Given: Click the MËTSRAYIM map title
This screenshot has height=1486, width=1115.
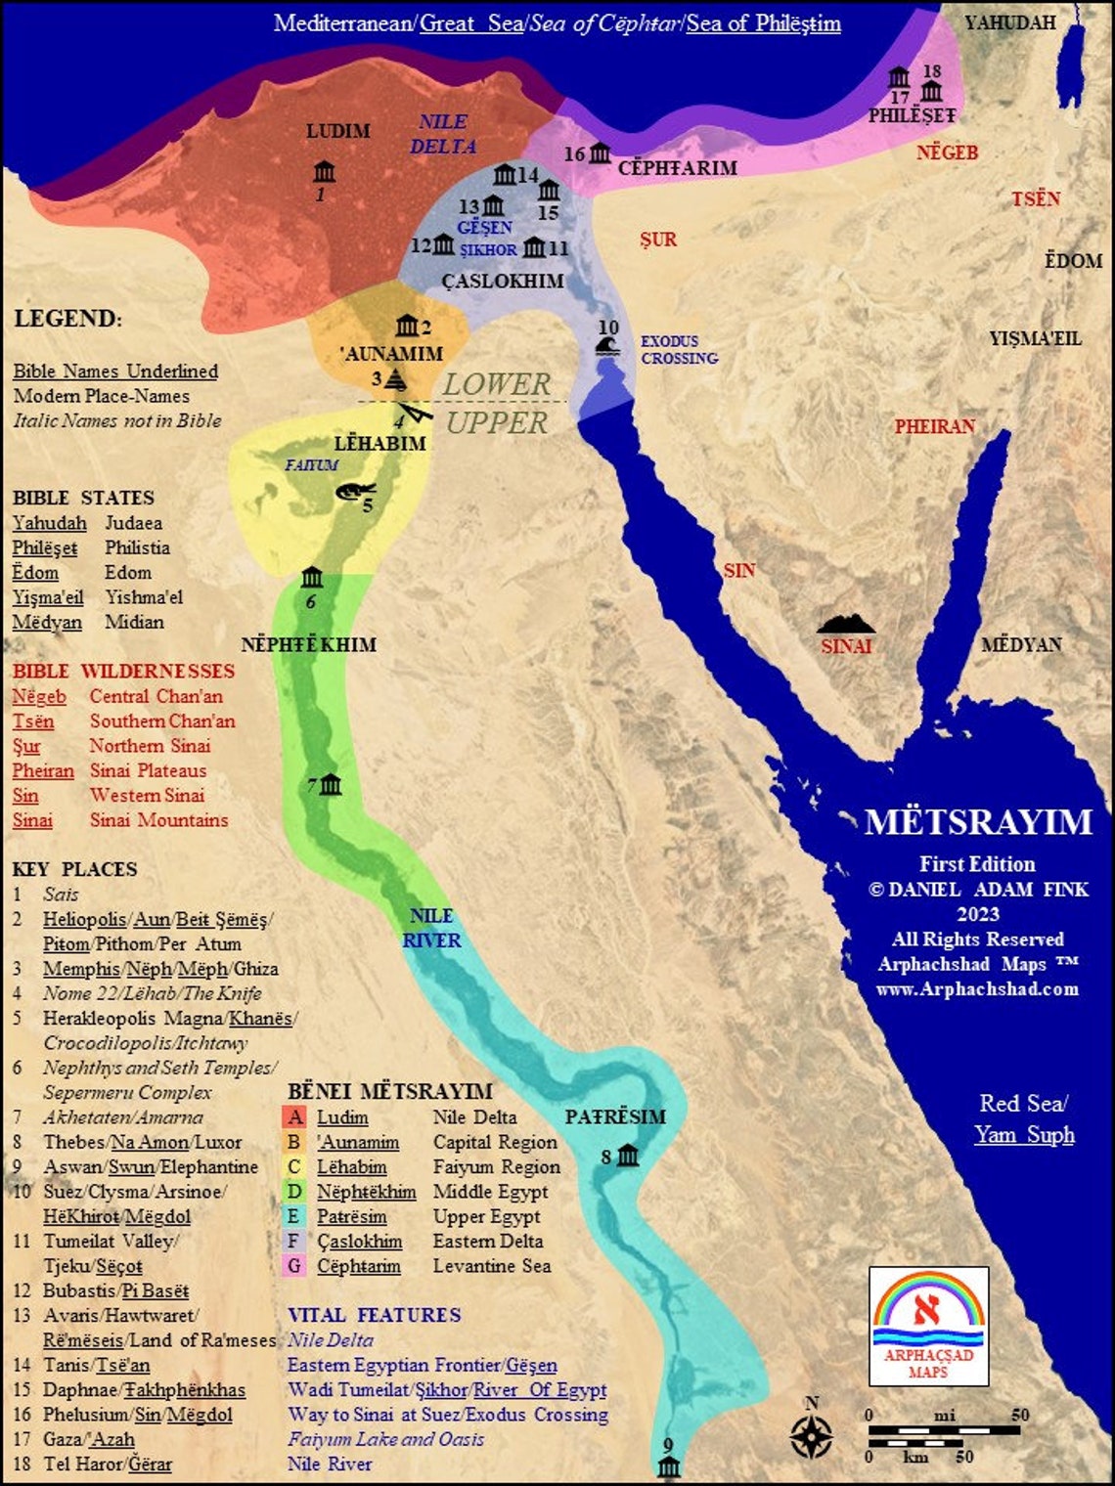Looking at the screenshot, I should [978, 822].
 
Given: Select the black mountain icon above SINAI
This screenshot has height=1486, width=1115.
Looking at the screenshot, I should [846, 624].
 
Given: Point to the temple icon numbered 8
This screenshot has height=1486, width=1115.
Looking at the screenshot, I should [627, 1156].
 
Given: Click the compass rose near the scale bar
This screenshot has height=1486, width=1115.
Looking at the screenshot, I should [811, 1435].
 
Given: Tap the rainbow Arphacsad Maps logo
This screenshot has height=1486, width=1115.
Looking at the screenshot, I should [928, 1326].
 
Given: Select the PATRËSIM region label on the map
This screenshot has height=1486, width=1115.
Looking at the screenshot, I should [615, 1116].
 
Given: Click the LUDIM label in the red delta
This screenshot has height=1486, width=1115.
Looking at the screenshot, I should [338, 131].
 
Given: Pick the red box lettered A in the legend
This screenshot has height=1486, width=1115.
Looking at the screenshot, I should [294, 1117].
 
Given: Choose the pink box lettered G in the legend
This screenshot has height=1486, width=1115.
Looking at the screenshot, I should [294, 1266].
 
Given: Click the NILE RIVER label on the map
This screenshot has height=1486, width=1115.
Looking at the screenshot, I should [431, 928].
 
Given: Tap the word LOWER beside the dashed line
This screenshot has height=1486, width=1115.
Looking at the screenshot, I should [497, 384].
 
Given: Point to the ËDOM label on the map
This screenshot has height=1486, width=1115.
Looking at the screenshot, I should [1073, 261].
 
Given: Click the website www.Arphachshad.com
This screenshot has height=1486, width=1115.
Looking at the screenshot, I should [977, 988].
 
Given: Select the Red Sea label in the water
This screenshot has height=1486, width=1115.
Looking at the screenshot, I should [1023, 1104].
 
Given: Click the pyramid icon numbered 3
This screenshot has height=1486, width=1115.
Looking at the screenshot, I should [395, 379].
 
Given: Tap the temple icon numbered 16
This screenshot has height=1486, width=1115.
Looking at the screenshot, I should [600, 153].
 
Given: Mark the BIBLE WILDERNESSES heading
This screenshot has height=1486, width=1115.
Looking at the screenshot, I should [123, 672].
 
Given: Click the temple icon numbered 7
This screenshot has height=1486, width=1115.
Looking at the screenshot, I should [331, 784].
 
